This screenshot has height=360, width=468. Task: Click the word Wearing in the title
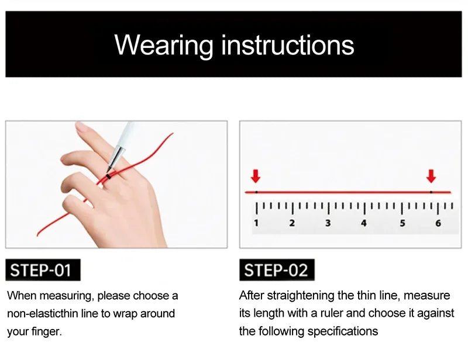coord(164,46)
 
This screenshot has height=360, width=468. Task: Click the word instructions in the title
coord(288,45)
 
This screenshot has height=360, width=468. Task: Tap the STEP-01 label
coord(43,270)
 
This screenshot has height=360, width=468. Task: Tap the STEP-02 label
coord(277,270)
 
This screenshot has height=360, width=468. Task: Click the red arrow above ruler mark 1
coord(256,176)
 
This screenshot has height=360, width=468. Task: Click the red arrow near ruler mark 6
coord(431,176)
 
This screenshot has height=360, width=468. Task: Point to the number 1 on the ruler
coord(256,223)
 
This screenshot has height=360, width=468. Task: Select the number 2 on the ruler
coord(292,223)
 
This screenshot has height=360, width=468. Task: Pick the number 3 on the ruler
coord(328,223)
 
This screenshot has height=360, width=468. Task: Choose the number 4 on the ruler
coord(363,223)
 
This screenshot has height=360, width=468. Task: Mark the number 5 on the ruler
coord(402,223)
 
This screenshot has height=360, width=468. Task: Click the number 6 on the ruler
coord(438,223)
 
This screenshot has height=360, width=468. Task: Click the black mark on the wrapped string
coord(108,177)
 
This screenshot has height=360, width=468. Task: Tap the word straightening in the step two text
coord(300,296)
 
